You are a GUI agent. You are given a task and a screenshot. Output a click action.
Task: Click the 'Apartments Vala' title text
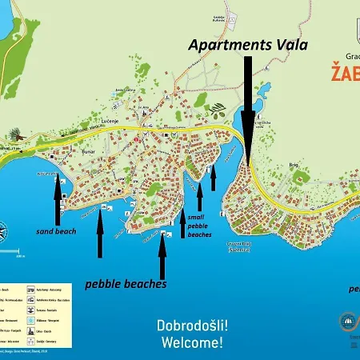coord(247,45)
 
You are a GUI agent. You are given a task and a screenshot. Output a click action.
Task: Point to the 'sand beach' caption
coord(56,230)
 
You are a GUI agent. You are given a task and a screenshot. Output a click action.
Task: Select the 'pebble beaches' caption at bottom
coord(126,284)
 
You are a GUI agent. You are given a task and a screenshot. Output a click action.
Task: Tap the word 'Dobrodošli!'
coord(191,326)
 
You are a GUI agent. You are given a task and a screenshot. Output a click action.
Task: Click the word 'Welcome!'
coord(192,343)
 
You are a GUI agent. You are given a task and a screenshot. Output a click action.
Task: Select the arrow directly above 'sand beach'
coord(57,201)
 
